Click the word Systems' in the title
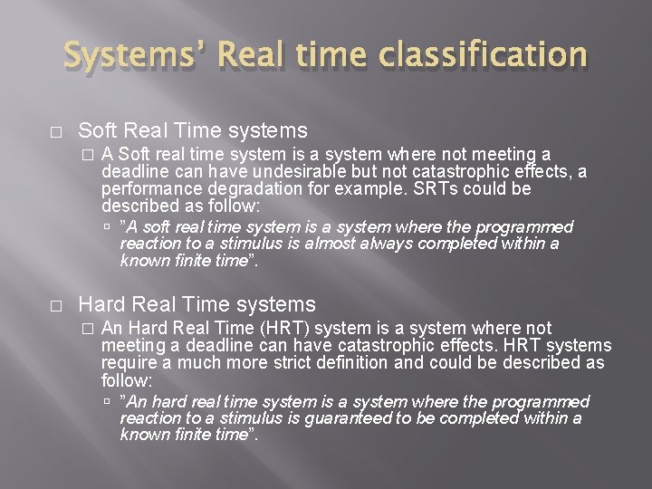[127, 56]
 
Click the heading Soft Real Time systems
[193, 130]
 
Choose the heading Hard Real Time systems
[197, 304]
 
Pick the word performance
[148, 189]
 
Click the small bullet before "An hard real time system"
[109, 401]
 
